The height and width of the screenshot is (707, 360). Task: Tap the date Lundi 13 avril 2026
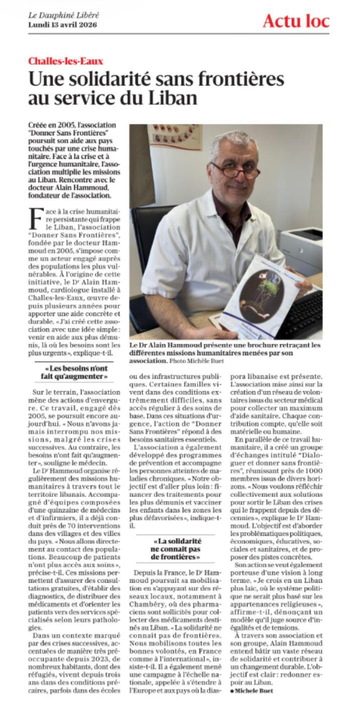(63, 24)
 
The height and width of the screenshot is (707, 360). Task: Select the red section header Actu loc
(296, 21)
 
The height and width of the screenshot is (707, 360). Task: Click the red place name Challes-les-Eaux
(66, 62)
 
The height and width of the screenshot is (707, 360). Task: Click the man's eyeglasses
(235, 170)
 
